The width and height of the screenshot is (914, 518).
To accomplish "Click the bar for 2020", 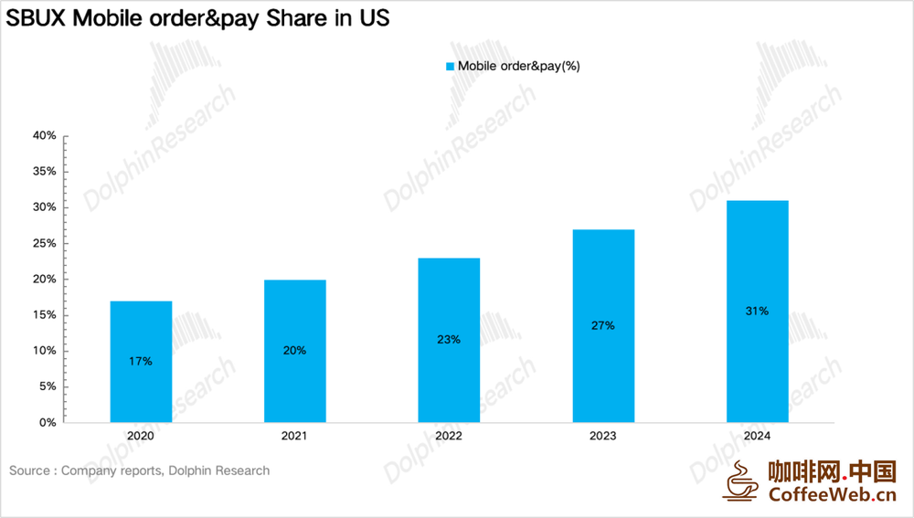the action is pos(141,362).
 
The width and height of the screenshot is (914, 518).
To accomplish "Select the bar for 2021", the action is pos(295,352).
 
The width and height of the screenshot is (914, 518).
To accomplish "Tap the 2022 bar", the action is pos(449,340).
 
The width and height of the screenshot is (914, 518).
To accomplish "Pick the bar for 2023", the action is pos(603,326).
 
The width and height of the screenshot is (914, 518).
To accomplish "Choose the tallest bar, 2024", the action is pos(757,312).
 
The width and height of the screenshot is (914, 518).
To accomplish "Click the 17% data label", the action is pos(141,361).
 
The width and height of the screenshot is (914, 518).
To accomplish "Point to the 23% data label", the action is pos(449,339).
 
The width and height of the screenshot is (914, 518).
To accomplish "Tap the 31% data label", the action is pos(757,312).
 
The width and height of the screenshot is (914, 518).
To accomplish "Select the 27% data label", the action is pos(602,325).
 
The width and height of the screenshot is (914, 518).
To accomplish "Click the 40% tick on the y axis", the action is pos(44,136).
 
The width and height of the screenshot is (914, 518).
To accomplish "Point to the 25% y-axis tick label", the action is pos(44,243).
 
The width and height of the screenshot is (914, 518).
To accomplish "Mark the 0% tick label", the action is pos(48,422).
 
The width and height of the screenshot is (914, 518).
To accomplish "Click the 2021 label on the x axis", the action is pos(294,436).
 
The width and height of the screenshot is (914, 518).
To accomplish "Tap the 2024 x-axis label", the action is pos(757,436).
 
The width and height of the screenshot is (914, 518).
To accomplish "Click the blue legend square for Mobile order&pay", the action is pos(450,67).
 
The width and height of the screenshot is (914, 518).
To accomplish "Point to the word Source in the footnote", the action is pos(29,470).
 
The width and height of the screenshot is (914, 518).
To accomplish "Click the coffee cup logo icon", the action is pos(741,481).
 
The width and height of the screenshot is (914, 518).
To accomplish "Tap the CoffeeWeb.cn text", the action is pos(833,494).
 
